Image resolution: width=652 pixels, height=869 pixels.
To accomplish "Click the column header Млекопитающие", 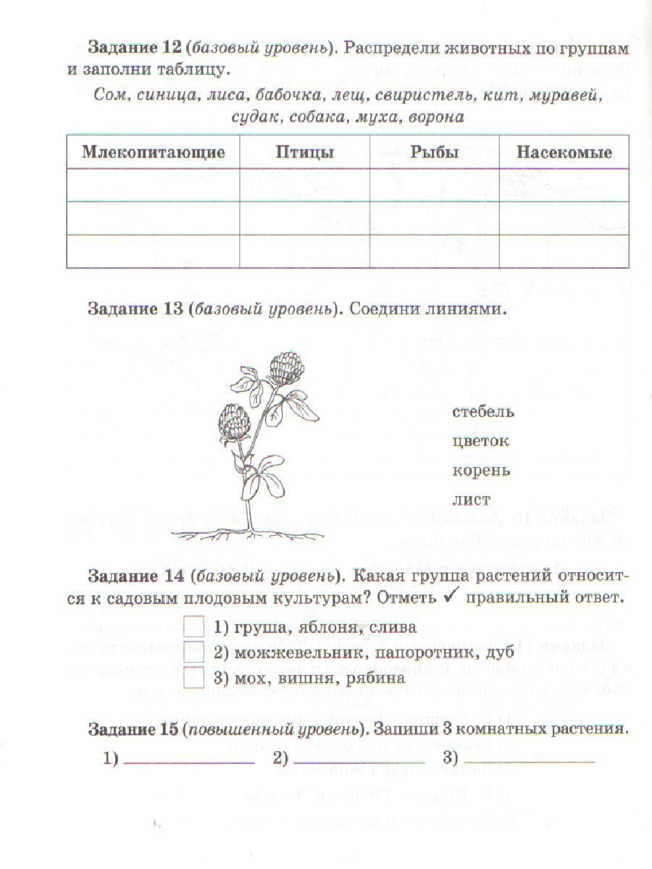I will tap(153, 152).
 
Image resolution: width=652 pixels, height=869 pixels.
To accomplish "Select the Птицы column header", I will tap(304, 152).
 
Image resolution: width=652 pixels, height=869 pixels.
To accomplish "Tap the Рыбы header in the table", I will tap(434, 152).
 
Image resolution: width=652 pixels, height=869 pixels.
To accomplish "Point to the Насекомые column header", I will tap(564, 152).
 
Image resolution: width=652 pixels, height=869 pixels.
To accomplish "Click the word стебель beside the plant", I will tap(482, 412).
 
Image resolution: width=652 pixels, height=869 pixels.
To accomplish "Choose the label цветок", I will tap(480, 441).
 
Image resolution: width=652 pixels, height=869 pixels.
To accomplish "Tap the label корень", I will tap(481, 470).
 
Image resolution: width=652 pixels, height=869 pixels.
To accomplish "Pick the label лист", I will tap(471, 500).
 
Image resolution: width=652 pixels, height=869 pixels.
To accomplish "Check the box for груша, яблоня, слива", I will tap(193, 626).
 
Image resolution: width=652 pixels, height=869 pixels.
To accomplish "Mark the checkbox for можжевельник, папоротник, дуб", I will tap(193, 652).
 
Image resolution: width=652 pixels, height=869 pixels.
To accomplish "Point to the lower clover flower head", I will tap(235, 420).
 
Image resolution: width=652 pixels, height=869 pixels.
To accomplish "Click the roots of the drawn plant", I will tap(246, 534).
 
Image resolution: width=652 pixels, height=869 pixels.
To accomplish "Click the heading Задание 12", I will tap(135, 48).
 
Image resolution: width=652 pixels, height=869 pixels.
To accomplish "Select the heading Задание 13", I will tap(135, 308).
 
